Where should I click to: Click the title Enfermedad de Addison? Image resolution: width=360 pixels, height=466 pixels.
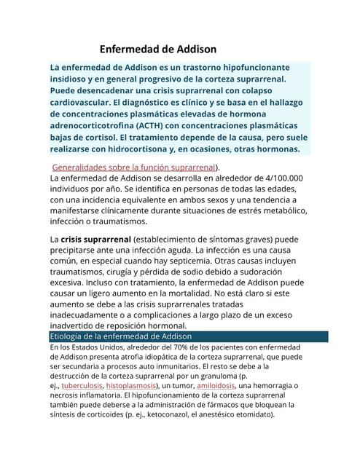(x=157, y=50)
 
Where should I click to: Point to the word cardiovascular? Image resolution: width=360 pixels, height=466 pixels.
(x=82, y=101)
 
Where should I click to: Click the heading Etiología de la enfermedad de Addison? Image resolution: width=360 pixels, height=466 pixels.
(x=121, y=337)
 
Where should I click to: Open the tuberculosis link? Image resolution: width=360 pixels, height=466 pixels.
(x=82, y=384)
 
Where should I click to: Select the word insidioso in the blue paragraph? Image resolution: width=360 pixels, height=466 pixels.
(x=71, y=78)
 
